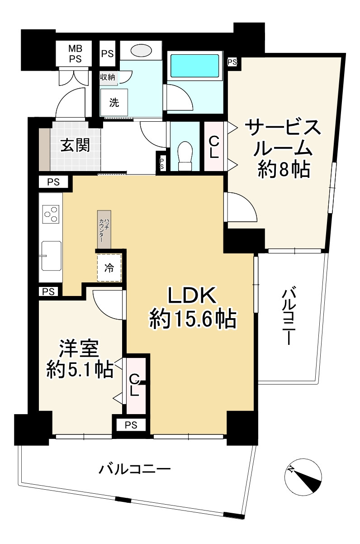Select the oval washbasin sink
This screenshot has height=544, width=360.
pyautogui.click(x=142, y=51)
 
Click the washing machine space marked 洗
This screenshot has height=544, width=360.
pyautogui.click(x=114, y=102)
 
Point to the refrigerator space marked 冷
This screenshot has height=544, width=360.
pyautogui.click(x=109, y=268)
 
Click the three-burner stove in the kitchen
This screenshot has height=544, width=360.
pyautogui.click(x=51, y=214)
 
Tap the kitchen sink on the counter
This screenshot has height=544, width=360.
pyautogui.click(x=51, y=255)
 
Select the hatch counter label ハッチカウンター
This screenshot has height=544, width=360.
pyautogui.click(x=104, y=229)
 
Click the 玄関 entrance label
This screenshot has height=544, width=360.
pyautogui.click(x=75, y=146)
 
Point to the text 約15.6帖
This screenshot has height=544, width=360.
pyautogui.click(x=193, y=320)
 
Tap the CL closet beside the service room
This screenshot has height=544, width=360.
pyautogui.click(x=213, y=147)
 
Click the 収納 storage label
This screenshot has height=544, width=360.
pyautogui.click(x=108, y=77)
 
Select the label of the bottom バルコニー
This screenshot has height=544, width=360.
pyautogui.click(x=135, y=469)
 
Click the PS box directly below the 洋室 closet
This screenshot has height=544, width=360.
pyautogui.click(x=131, y=425)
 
